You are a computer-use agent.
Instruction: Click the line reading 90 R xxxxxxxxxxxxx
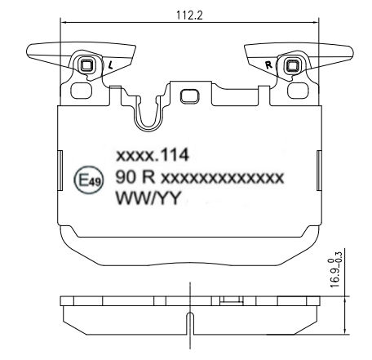click(x=200, y=177)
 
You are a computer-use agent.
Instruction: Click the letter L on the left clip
click(x=110, y=63)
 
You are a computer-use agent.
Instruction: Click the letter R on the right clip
click(x=268, y=61)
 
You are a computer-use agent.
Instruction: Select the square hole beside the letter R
click(x=290, y=65)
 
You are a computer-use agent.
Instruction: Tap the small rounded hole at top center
click(x=188, y=95)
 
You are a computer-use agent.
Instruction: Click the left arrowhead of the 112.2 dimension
click(x=64, y=23)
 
